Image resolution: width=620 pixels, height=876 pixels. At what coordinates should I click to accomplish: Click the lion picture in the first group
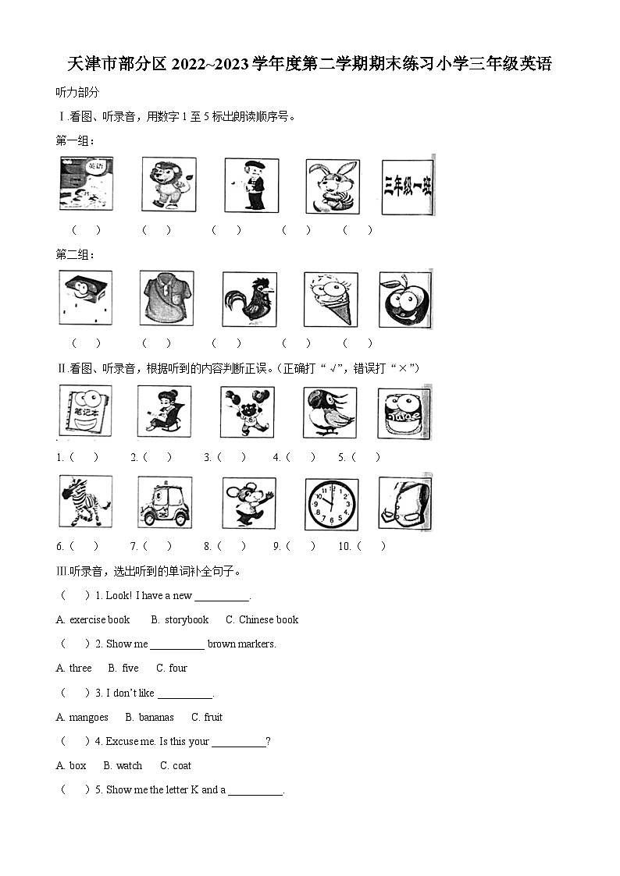tap(169, 184)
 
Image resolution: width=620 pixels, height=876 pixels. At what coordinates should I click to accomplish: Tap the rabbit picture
tap(333, 186)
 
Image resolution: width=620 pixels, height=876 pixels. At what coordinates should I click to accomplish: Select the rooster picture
tap(249, 300)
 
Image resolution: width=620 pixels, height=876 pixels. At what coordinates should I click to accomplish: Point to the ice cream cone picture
tap(331, 300)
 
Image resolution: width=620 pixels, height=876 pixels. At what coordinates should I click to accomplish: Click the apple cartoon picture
tap(405, 300)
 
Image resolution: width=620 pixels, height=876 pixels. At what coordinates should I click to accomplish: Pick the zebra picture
tap(86, 501)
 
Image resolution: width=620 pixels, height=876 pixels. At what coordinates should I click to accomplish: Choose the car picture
tap(165, 502)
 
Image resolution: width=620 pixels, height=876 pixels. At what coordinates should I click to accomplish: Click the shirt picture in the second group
tap(166, 298)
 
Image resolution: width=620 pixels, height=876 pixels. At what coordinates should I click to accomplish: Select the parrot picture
tap(330, 413)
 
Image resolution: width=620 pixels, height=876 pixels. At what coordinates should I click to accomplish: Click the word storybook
tap(187, 619)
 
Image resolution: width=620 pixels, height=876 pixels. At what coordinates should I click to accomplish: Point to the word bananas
tap(156, 718)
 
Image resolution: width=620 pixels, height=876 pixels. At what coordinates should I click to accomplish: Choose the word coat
tap(182, 765)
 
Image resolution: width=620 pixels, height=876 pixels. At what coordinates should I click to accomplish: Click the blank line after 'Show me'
tap(177, 649)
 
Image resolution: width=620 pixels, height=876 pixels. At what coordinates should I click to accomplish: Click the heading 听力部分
tap(78, 93)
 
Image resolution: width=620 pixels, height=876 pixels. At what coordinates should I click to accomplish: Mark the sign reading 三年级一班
tap(408, 187)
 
